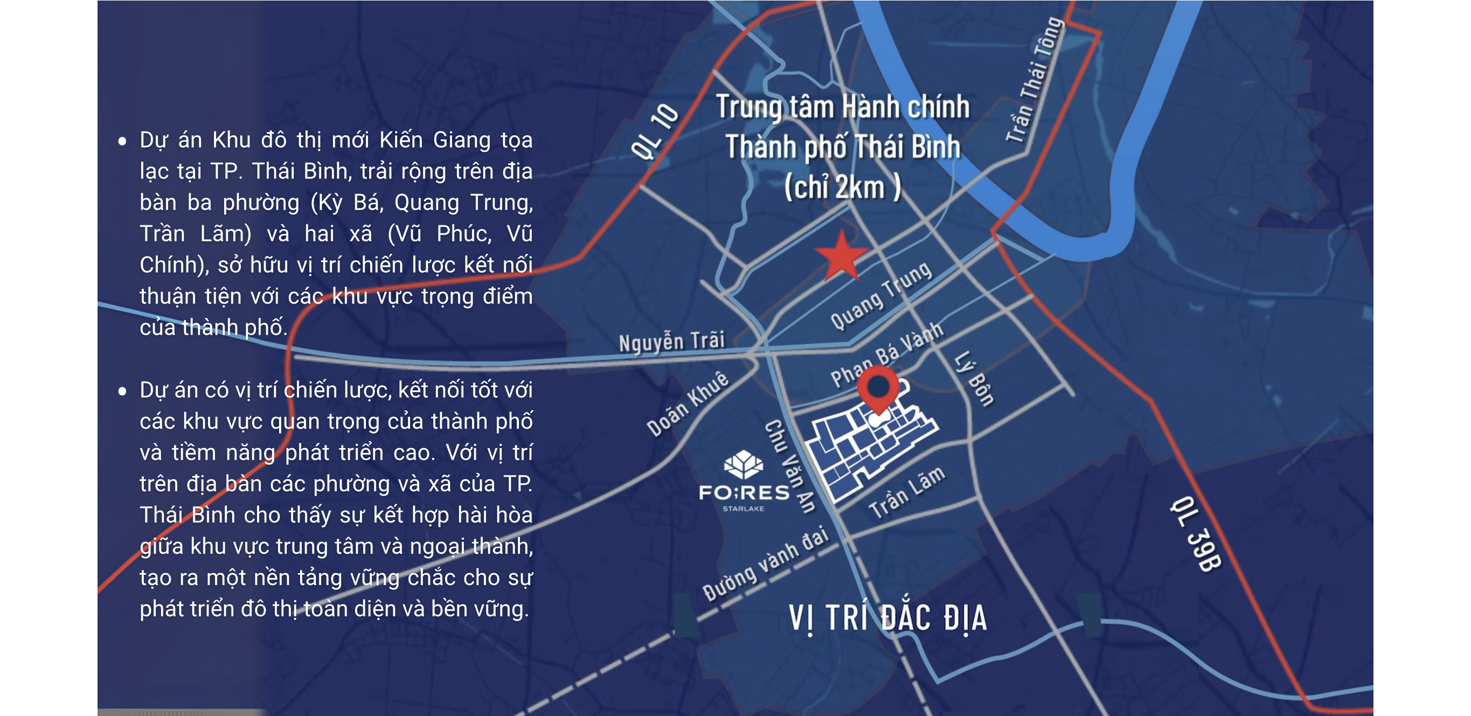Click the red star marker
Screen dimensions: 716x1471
(x=841, y=257)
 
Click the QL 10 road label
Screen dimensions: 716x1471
(x=655, y=132)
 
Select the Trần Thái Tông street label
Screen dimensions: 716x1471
(x=1034, y=80)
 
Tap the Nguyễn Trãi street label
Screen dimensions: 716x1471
(x=671, y=342)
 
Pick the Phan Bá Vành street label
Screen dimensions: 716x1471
(x=886, y=354)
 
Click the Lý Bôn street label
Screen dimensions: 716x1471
(x=974, y=378)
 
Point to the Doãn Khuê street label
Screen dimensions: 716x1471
(x=688, y=403)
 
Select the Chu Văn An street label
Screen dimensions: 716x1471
(x=790, y=466)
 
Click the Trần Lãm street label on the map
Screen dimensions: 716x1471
(x=906, y=492)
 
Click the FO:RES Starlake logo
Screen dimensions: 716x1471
(x=744, y=483)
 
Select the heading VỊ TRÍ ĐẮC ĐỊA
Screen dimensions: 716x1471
(x=887, y=618)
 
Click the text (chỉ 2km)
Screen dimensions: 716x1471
(x=842, y=187)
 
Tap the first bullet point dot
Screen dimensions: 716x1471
(x=122, y=141)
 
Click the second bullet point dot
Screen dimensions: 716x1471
(x=122, y=391)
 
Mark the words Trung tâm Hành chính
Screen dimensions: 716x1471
(x=843, y=107)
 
